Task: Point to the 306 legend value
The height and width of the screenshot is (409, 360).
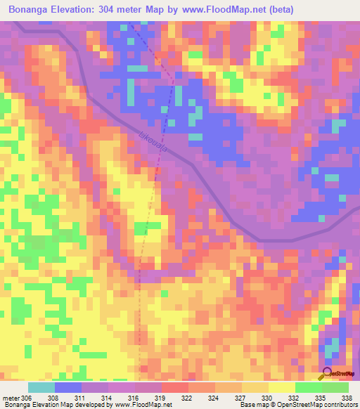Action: tap(27, 398)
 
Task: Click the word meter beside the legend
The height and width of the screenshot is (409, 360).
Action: tap(11, 398)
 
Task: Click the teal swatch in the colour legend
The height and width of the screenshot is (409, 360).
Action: tap(41, 387)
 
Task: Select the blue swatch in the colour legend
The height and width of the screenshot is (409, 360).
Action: tap(67, 387)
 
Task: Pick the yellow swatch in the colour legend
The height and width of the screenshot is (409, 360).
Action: tap(281, 387)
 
